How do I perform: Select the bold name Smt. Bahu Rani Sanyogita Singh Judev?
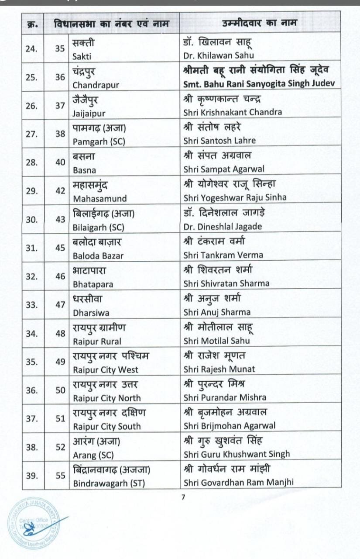[x=261, y=84]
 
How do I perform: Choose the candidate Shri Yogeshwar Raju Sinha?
[x=235, y=197]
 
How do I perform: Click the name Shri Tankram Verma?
[x=223, y=255]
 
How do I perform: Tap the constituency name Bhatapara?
[x=93, y=284]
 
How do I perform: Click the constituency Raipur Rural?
[x=97, y=341]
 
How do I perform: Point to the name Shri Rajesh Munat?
[x=219, y=369]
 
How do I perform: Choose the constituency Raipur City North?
[x=107, y=398]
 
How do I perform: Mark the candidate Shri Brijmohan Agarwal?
[x=230, y=426]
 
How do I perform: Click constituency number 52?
[x=60, y=447]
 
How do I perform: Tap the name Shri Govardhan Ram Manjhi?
[x=238, y=483]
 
